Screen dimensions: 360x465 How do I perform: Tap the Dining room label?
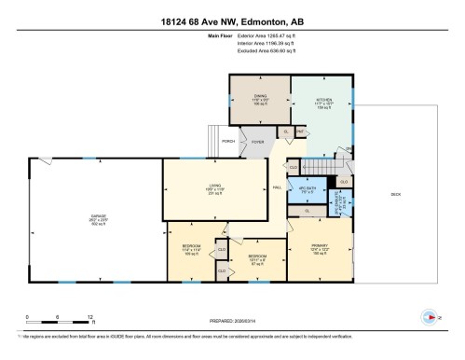click(260, 94)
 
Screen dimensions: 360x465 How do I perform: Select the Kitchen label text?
click(322, 95)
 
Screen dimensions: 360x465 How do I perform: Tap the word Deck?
click(395, 192)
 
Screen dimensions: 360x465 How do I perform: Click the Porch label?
click(228, 142)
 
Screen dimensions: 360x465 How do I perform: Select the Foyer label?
click(257, 142)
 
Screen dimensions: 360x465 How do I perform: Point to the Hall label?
click(277, 187)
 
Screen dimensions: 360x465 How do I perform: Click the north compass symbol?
click(430, 314)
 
